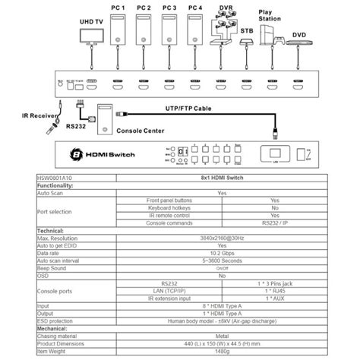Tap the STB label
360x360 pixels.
tap(247, 32)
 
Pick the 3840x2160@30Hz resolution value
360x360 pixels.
tap(221, 238)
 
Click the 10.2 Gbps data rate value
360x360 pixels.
tap(221, 251)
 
